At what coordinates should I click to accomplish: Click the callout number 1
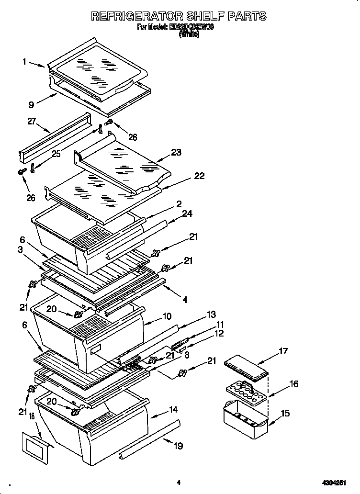point(24,61)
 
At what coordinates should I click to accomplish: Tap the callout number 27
point(32,122)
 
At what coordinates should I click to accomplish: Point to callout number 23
point(176,153)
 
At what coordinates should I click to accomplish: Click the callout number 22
point(199,176)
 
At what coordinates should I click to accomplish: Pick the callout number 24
point(187,213)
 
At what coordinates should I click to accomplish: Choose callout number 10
point(167,316)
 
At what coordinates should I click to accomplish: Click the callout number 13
point(211,314)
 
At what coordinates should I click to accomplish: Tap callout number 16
point(294,384)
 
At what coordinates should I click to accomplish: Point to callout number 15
point(285,413)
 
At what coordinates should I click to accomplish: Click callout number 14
point(173,409)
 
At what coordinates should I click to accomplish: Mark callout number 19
point(178,446)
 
